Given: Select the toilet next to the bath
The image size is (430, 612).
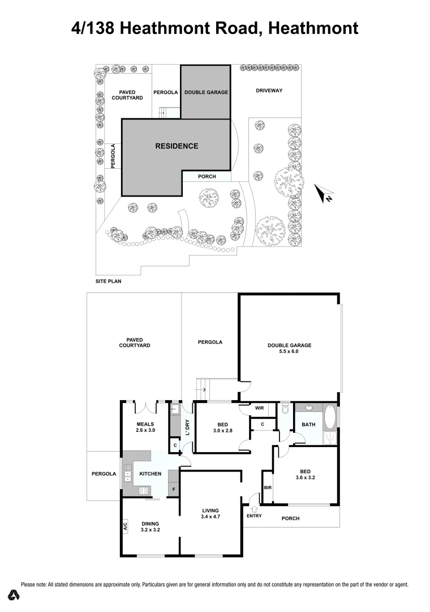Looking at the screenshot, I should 285,408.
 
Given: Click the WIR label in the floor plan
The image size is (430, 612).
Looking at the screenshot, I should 260,408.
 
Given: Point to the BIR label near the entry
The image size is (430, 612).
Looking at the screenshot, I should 267,487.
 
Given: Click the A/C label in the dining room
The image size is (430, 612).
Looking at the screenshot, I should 124,527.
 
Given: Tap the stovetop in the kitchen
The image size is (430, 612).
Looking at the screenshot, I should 143,491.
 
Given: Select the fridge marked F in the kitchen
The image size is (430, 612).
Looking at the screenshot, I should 174,488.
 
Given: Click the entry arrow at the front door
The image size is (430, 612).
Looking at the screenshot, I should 252,509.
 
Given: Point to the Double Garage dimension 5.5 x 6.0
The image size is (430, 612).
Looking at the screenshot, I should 290,352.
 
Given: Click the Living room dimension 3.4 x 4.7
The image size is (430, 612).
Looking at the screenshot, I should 209,517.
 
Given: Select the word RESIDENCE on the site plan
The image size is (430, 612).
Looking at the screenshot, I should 177,146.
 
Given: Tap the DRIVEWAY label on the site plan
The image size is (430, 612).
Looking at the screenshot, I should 269,91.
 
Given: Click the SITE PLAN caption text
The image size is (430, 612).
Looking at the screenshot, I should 108,281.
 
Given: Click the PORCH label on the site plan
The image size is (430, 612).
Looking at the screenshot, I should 207,177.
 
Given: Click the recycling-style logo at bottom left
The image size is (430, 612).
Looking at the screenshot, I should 14,595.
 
